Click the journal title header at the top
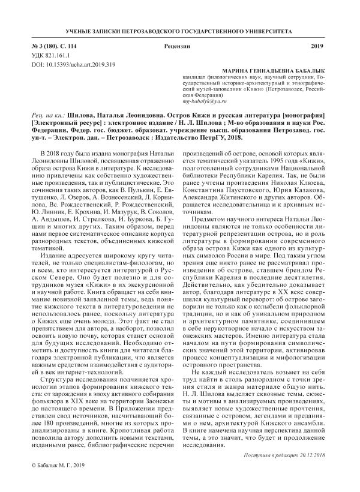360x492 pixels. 179,29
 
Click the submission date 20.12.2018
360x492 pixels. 310,455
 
